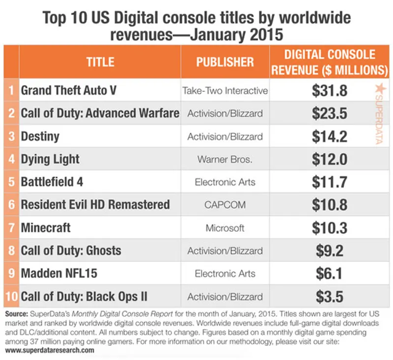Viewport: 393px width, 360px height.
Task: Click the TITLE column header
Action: pyautogui.click(x=100, y=62)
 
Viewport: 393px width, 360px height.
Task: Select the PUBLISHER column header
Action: pyautogui.click(x=225, y=62)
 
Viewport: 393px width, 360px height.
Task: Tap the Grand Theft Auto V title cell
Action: pyautogui.click(x=68, y=91)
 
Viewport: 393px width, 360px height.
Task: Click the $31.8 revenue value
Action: pyautogui.click(x=330, y=91)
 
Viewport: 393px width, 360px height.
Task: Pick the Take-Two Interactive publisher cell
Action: pyautogui.click(x=225, y=91)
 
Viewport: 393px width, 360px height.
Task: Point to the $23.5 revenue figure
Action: pyautogui.click(x=330, y=113)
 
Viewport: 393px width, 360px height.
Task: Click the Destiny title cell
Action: pyautogui.click(x=40, y=136)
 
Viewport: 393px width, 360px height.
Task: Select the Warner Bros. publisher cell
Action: pyautogui.click(x=225, y=159)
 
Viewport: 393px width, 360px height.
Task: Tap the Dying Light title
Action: pyautogui.click(x=50, y=159)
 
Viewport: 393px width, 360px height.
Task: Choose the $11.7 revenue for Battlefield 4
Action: pyautogui.click(x=330, y=182)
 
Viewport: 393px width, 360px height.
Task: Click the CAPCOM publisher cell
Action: pyautogui.click(x=225, y=205)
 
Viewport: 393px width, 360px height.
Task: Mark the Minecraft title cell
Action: pyautogui.click(x=46, y=228)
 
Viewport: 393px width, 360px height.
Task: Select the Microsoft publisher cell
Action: pyautogui.click(x=225, y=228)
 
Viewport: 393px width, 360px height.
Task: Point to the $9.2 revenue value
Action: pyautogui.click(x=330, y=251)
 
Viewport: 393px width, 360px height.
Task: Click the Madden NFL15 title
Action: pyautogui.click(x=56, y=274)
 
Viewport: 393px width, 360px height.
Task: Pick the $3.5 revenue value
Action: pyautogui.click(x=330, y=297)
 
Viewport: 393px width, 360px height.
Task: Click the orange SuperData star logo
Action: pyautogui.click(x=379, y=88)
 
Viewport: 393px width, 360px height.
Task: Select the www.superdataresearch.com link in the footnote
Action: pyautogui.click(x=49, y=351)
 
